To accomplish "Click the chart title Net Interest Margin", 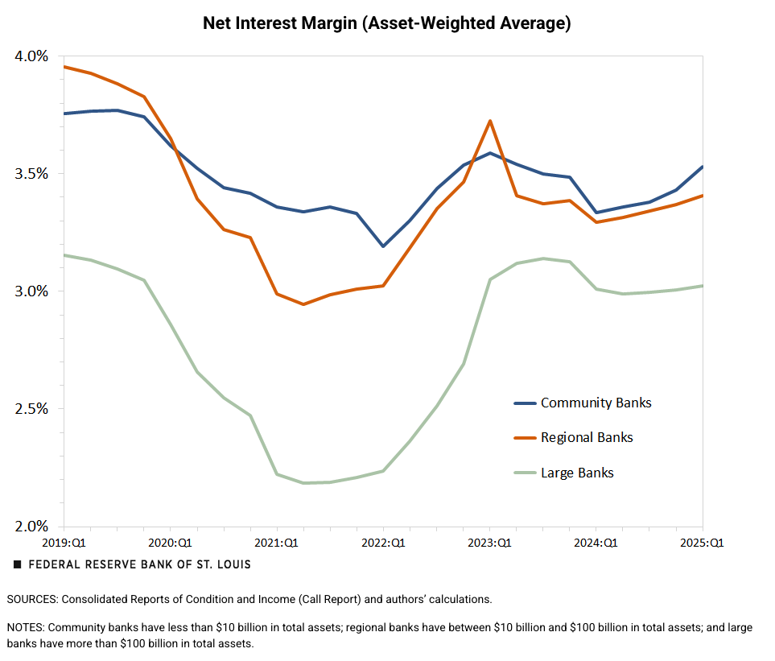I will (386, 23).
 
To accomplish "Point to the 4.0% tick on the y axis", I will (31, 56).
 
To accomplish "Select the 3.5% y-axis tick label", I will (31, 174).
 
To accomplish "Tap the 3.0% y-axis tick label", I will (31, 291).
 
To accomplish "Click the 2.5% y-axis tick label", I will (31, 409).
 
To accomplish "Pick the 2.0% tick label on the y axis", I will (31, 527).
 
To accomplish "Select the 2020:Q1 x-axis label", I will (170, 543).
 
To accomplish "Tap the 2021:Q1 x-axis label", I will (277, 543).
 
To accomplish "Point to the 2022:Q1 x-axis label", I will (384, 543).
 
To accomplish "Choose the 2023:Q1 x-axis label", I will (490, 543).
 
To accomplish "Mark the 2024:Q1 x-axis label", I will (597, 543).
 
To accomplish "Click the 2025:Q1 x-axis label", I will (702, 543).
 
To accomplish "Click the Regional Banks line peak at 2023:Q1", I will (490, 121).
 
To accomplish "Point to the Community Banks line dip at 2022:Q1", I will (384, 246).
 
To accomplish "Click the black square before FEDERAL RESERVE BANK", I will (18, 565).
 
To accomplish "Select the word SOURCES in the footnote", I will (32, 600).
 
